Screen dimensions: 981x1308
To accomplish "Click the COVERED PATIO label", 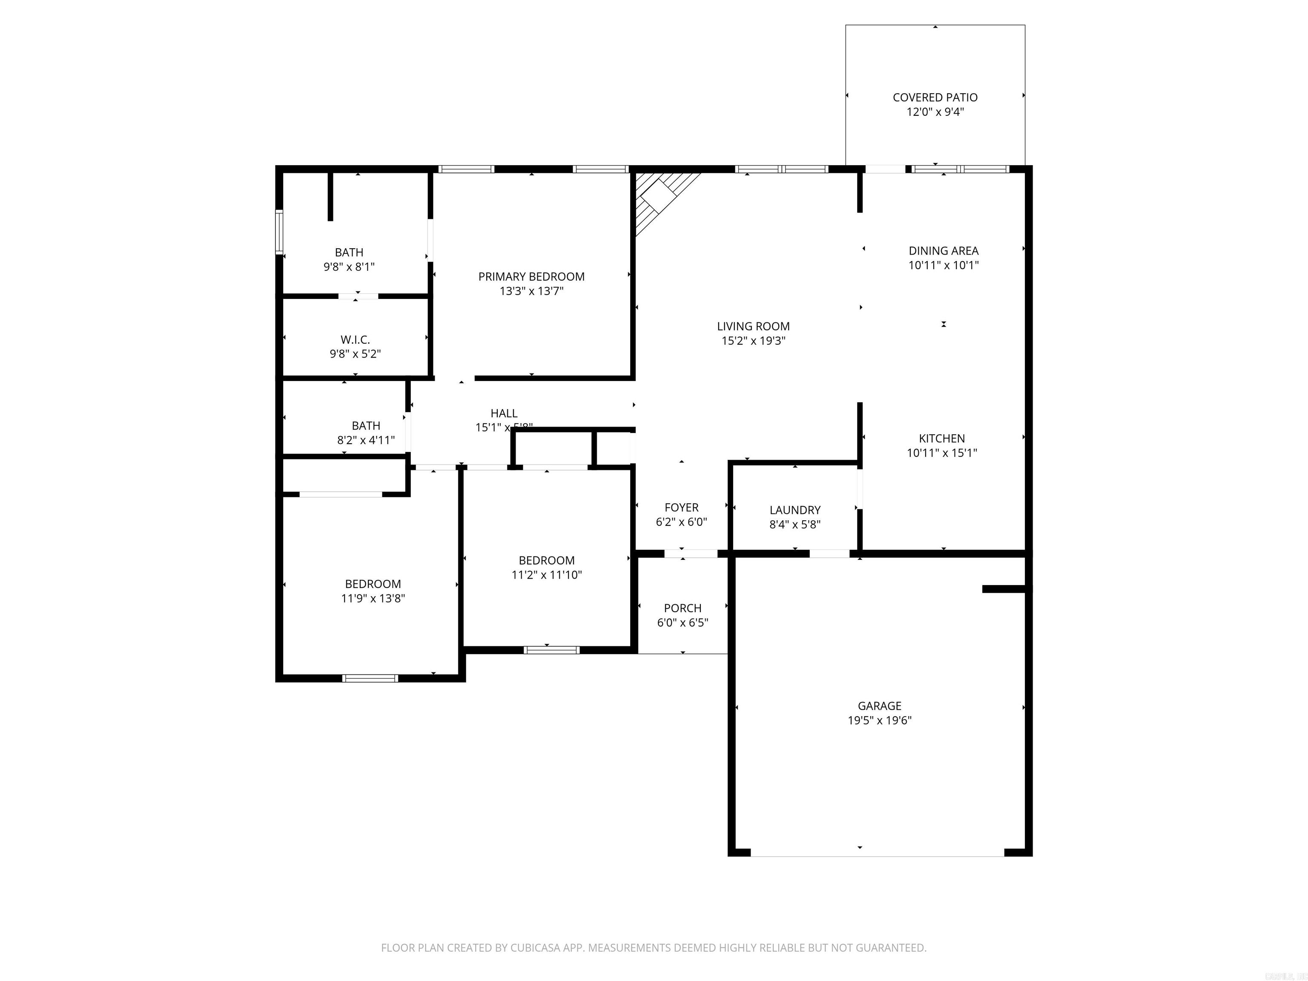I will click(x=935, y=98).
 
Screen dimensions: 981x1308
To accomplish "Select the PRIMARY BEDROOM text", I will click(x=531, y=277).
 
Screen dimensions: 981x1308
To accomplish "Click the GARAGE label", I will click(x=879, y=706).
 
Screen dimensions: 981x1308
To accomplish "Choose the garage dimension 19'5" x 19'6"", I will click(x=879, y=720).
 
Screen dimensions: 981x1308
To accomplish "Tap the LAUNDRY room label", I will click(x=795, y=510).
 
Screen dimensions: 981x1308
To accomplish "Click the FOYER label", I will click(x=681, y=508).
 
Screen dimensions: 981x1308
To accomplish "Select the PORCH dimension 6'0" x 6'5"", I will click(x=683, y=622).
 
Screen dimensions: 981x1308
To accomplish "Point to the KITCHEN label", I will click(x=941, y=439).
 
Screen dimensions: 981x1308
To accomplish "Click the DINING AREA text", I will click(x=943, y=251).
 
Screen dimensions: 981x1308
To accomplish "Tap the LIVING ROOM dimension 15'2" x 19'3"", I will click(x=753, y=341).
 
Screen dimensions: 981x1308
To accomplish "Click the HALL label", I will click(x=504, y=413).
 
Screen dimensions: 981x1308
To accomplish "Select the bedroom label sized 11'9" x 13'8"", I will click(x=373, y=584).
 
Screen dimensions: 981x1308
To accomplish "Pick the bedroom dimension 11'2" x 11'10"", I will click(x=546, y=575).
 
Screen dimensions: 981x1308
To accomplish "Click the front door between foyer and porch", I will click(x=691, y=554).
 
